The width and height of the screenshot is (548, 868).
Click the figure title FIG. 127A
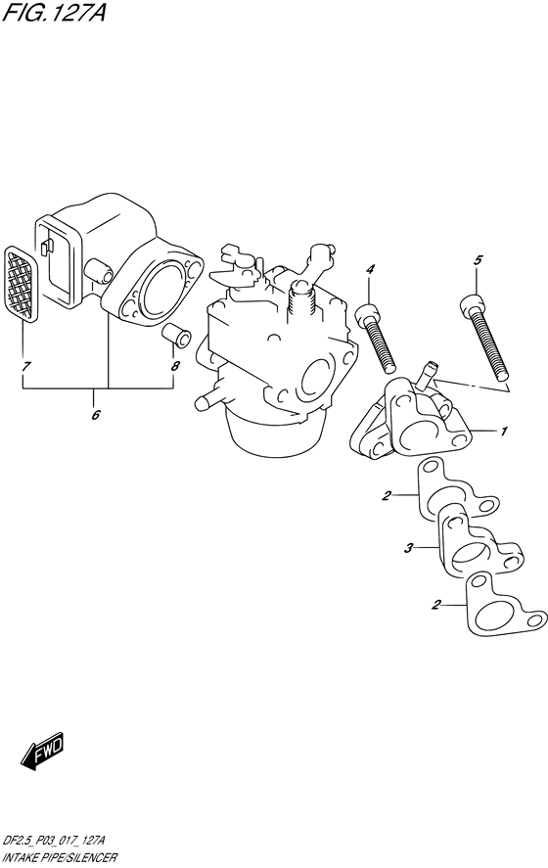(x=54, y=12)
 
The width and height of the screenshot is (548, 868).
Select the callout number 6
(x=95, y=415)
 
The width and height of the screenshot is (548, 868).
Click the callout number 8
(x=175, y=366)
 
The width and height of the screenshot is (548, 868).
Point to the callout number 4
(x=370, y=269)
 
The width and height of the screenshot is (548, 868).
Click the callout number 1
(x=503, y=431)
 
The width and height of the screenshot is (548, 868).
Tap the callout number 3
(x=408, y=549)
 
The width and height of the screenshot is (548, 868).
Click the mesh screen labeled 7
(x=21, y=284)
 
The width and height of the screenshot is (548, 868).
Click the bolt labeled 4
(x=376, y=338)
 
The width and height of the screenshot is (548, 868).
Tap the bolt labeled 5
(x=483, y=338)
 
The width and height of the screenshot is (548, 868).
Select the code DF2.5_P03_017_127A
(x=53, y=842)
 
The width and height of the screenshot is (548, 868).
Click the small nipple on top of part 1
(x=427, y=375)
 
